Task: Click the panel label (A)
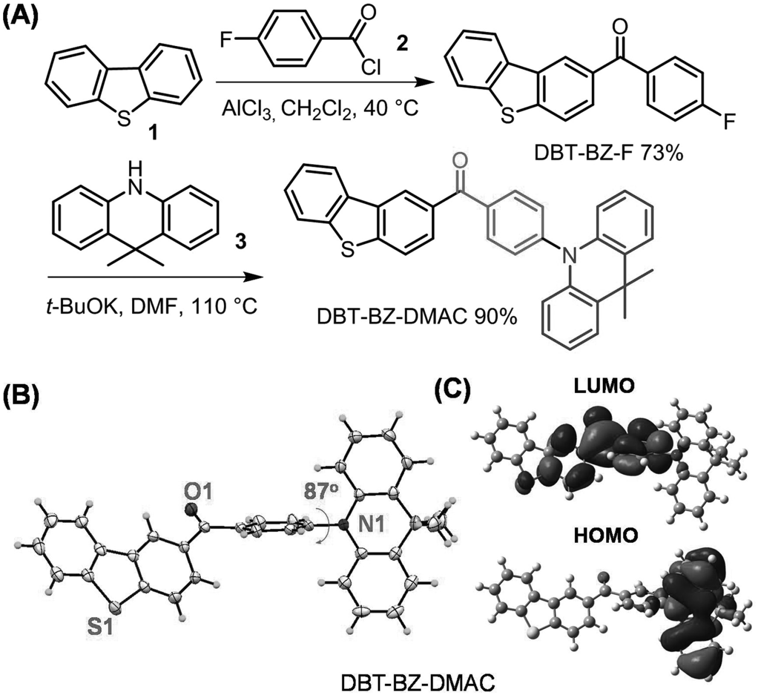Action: [20, 12]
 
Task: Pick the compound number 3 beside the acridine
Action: [241, 241]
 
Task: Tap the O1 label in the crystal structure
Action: [198, 492]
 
